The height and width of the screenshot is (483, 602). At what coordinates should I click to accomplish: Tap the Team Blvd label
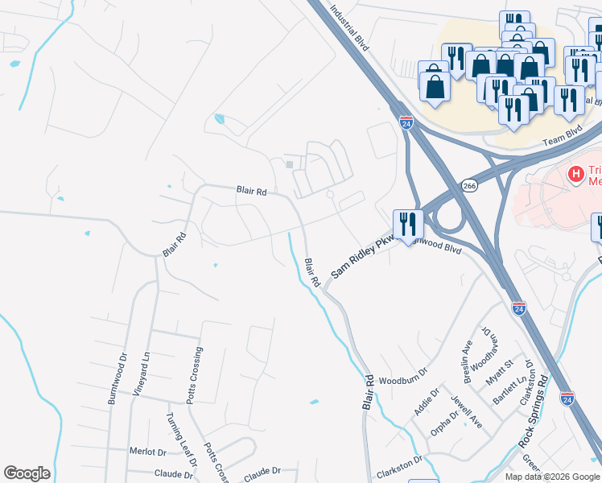561,139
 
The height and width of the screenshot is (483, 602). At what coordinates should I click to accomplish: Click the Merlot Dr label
147,452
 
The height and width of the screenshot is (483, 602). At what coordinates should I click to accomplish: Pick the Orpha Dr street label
445,423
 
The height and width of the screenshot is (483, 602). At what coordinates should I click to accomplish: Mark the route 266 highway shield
468,186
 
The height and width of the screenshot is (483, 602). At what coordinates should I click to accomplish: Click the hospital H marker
575,173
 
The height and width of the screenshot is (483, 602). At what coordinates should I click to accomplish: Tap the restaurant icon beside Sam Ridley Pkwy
408,225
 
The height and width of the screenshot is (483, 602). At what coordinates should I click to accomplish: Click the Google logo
27,473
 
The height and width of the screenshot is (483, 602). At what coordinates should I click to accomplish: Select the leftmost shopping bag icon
435,86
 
